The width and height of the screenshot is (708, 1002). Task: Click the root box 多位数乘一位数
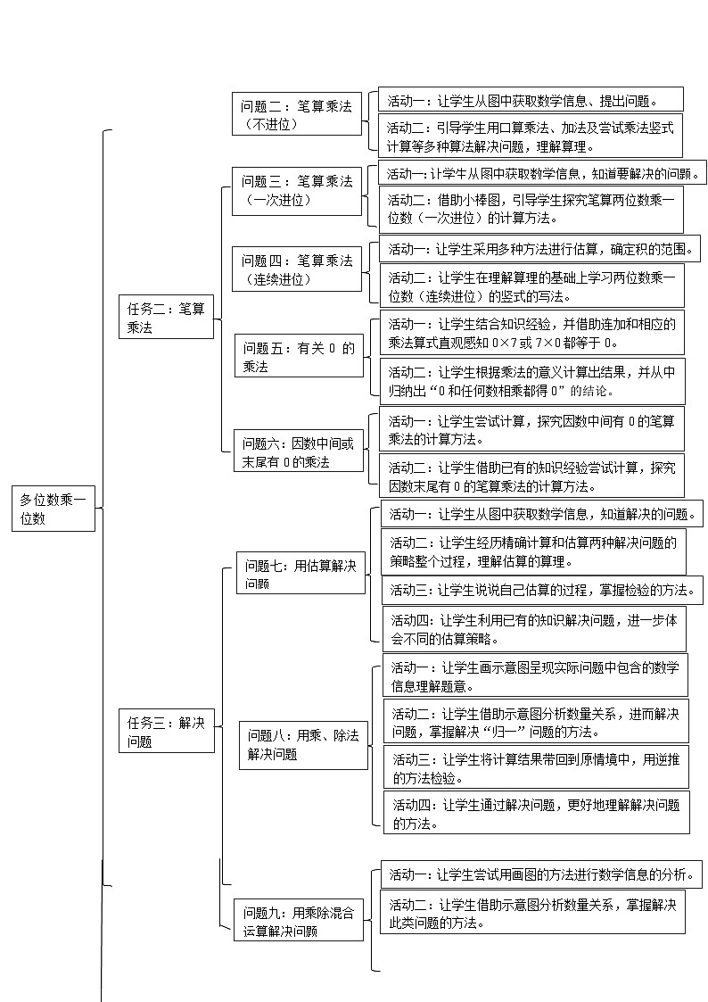pos(53,509)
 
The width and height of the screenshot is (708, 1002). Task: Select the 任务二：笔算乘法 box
pos(167,319)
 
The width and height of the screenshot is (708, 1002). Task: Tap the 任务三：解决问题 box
pos(167,730)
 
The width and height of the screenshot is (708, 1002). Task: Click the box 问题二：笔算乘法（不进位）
pos(297,115)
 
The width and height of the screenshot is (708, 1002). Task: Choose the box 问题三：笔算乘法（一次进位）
pos(297,191)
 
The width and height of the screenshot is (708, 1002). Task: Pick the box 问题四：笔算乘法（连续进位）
pos(297,269)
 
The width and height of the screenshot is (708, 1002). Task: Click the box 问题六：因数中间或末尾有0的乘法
pos(297,452)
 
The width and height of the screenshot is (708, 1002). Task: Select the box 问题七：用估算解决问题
pos(301,574)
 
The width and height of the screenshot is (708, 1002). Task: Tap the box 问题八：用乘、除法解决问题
pos(304,745)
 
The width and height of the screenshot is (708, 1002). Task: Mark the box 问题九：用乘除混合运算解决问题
pos(299,922)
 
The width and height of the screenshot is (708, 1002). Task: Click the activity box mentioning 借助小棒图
pos(531,209)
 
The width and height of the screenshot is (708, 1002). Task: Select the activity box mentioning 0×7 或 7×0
pos(531,333)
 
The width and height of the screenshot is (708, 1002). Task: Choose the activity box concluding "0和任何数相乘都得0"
pos(531,381)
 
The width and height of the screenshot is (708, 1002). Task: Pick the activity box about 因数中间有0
pos(531,429)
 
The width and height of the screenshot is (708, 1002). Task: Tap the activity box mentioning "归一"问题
pos(537,722)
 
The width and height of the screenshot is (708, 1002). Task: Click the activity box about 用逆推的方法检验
pos(537,768)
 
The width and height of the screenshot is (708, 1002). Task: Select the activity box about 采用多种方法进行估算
pos(540,248)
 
